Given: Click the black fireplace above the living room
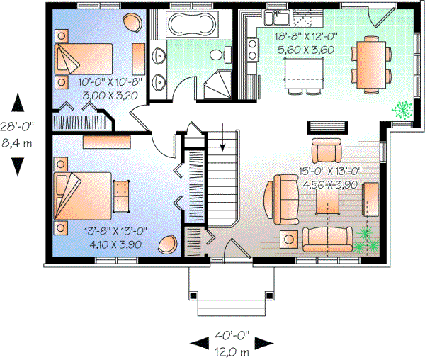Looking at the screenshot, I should tap(327, 127).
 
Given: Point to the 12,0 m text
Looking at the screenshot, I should tap(232, 349).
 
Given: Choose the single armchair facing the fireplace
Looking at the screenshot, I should tap(327, 151).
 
